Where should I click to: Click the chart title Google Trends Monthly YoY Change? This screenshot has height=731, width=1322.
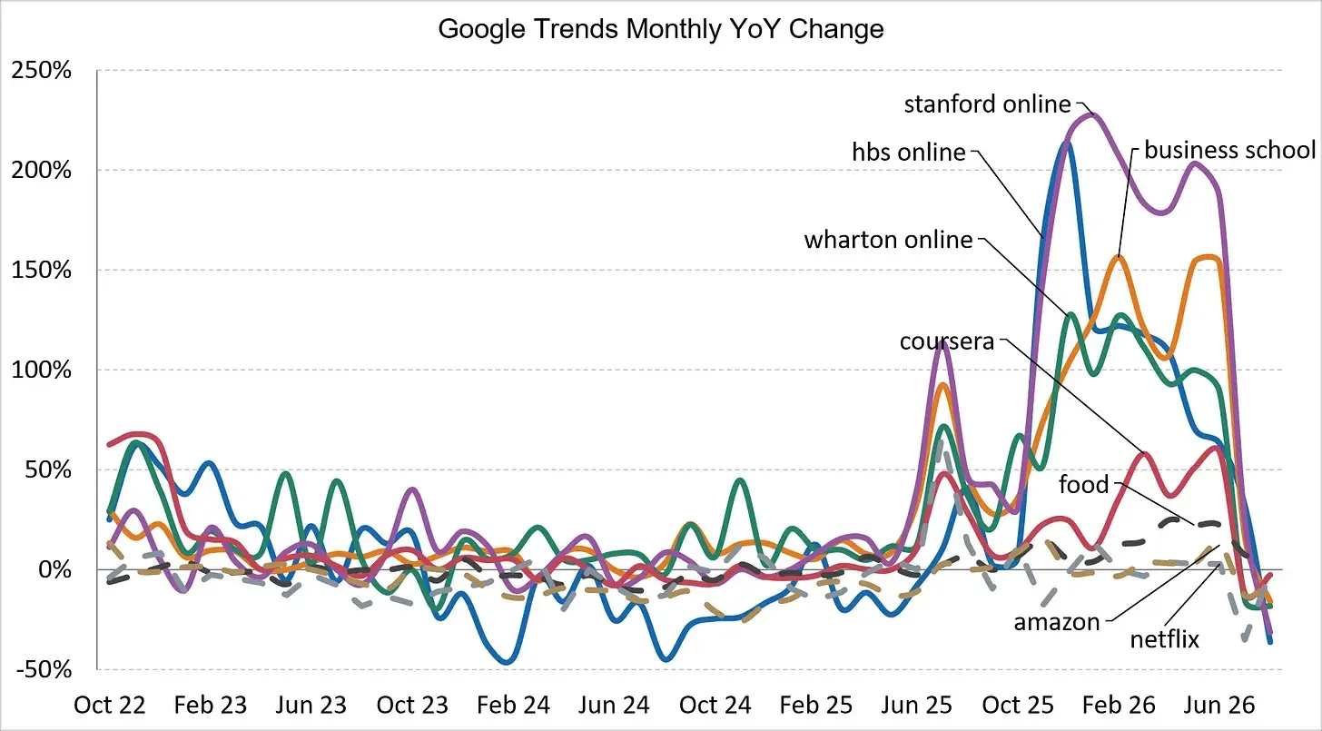(660, 29)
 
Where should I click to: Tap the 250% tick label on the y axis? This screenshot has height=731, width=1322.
(42, 70)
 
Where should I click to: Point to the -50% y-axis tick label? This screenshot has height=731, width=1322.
(44, 669)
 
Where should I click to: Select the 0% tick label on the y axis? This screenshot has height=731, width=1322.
(54, 569)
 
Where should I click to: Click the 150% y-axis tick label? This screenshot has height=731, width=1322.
(42, 270)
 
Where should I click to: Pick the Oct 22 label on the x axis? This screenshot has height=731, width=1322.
(109, 705)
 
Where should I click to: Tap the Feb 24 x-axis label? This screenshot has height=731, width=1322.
(513, 705)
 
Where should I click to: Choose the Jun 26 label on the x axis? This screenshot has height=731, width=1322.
(1219, 705)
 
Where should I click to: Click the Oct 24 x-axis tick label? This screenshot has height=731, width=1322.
(715, 705)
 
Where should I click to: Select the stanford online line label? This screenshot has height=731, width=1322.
(987, 104)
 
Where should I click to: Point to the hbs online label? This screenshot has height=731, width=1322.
(909, 153)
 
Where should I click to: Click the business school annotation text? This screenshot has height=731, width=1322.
(1230, 150)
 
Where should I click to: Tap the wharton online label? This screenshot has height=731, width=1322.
(888, 240)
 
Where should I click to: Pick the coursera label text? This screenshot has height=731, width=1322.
(947, 341)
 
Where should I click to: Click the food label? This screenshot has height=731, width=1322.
(1083, 484)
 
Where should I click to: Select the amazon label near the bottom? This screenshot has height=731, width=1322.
(1057, 622)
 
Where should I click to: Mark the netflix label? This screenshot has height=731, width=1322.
(1164, 639)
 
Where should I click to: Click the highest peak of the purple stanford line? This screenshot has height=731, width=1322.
(1090, 114)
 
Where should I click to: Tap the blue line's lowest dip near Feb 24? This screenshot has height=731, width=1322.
(508, 662)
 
